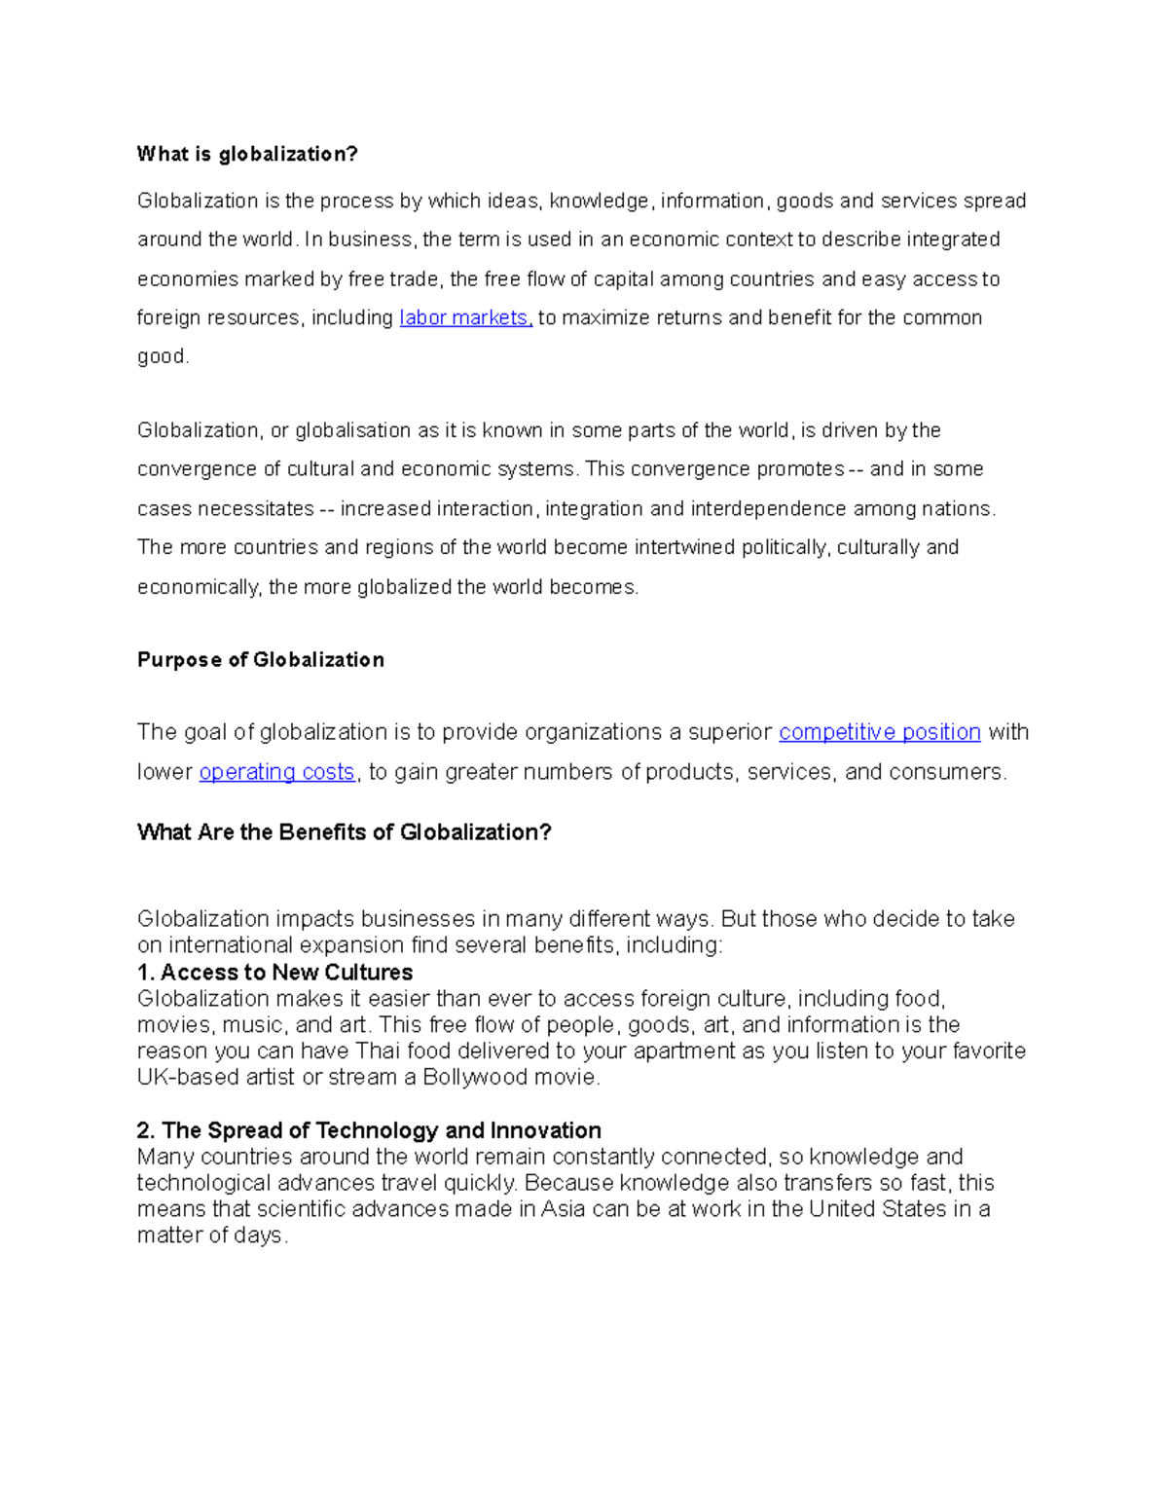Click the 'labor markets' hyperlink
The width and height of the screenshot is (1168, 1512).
(465, 318)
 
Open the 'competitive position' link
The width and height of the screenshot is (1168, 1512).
(879, 732)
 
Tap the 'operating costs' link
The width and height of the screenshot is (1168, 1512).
(276, 772)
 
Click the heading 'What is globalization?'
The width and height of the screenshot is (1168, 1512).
(247, 154)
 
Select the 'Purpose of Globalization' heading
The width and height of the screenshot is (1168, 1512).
(260, 660)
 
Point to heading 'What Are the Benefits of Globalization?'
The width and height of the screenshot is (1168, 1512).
(344, 832)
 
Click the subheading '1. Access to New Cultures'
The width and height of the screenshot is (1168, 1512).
(274, 973)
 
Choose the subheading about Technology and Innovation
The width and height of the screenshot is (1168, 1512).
(369, 1130)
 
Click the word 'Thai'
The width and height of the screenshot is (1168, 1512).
(378, 1051)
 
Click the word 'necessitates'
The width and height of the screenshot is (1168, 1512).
(256, 509)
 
